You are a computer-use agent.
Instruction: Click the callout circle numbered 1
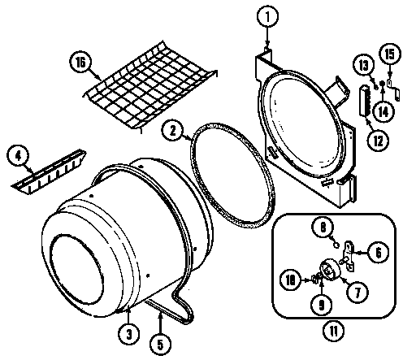click(x=267, y=15)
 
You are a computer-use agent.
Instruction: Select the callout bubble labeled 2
click(x=171, y=128)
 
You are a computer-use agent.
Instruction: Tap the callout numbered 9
click(x=318, y=307)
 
